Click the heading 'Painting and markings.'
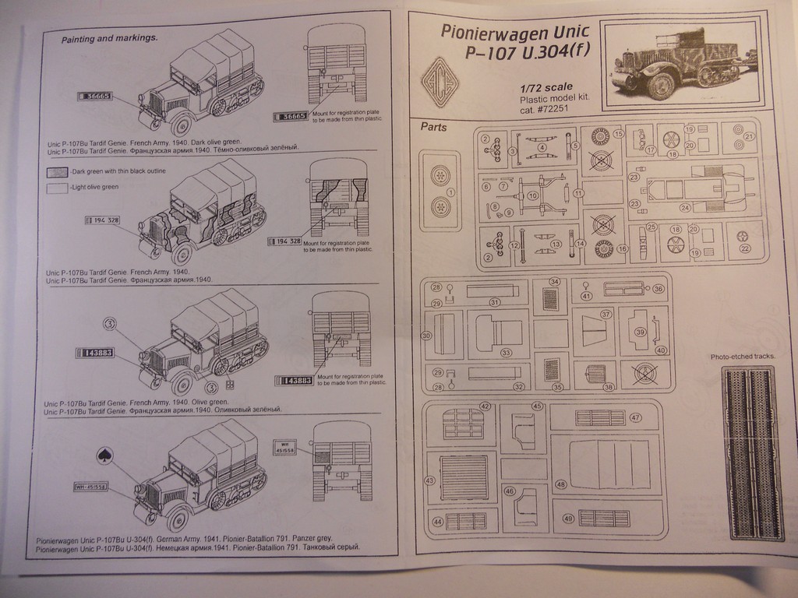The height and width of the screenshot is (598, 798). (109, 37)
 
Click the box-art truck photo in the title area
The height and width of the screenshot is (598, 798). (683, 64)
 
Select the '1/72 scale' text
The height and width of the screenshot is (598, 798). (546, 86)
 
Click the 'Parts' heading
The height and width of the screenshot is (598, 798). (433, 127)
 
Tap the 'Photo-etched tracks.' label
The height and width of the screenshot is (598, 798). (743, 357)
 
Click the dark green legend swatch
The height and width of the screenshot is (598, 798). (57, 172)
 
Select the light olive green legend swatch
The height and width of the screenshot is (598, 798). (57, 188)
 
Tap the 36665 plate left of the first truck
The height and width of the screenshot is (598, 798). (95, 97)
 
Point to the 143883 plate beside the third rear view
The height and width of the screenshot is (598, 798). (295, 381)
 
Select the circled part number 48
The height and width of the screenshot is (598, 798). (560, 484)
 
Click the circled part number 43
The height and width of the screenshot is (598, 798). (429, 480)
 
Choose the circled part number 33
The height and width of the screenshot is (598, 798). (506, 353)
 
